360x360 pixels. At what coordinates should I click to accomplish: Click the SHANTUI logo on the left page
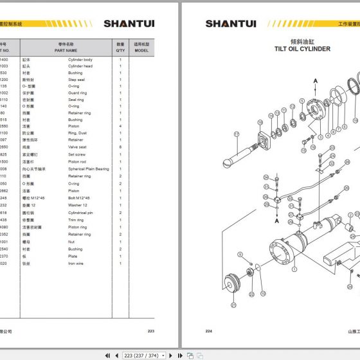coord(136,24)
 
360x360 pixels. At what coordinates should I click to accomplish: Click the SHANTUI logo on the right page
coord(231,24)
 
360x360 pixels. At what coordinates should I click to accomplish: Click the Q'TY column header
coord(120,47)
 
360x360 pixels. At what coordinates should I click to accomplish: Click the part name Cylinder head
coord(80,66)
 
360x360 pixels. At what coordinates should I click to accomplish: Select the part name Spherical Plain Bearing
coord(89,169)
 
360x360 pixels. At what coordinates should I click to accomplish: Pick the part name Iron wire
coord(76,264)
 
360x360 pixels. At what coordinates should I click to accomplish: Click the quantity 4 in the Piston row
coord(120,125)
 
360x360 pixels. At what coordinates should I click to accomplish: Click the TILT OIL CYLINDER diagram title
coord(302,49)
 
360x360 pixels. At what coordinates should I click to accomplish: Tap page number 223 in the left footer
coord(151,331)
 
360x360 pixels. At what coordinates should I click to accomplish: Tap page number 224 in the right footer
coord(209,331)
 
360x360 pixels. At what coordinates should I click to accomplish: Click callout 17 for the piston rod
coord(236,134)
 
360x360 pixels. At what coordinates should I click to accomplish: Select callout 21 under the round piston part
coord(233,304)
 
